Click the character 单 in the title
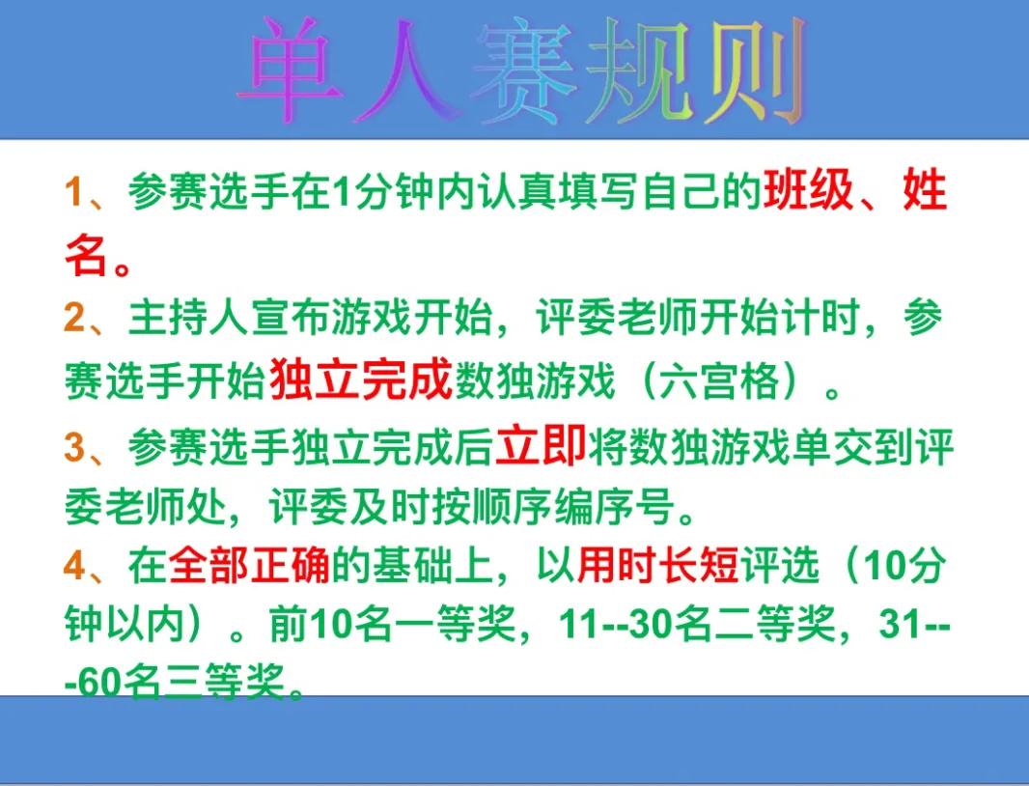pyautogui.click(x=292, y=69)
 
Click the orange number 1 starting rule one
pyautogui.click(x=72, y=192)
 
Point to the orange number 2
pyautogui.click(x=74, y=318)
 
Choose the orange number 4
pyautogui.click(x=75, y=566)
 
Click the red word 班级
pyautogui.click(x=809, y=190)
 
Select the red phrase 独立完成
pyautogui.click(x=361, y=379)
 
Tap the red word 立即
pyautogui.click(x=541, y=446)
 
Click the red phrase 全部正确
pyautogui.click(x=249, y=566)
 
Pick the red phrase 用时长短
pyautogui.click(x=658, y=566)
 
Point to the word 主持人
pyautogui.click(x=188, y=318)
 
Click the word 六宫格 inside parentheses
pyautogui.click(x=719, y=380)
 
